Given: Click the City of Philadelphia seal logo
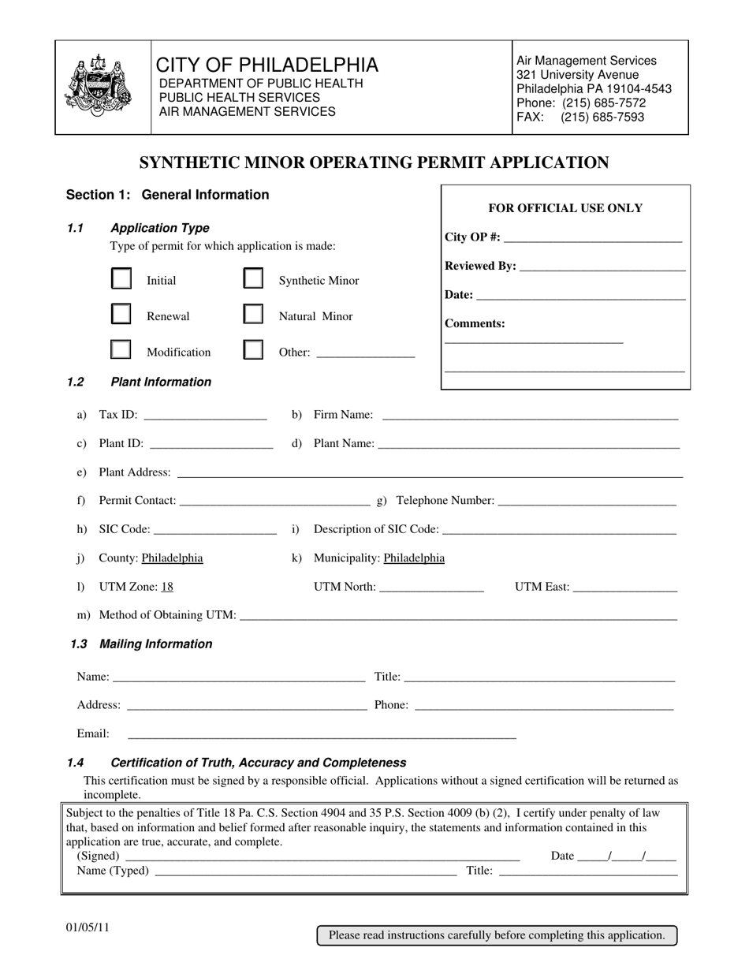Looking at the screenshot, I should [x=98, y=86].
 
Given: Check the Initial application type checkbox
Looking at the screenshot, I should [x=121, y=280].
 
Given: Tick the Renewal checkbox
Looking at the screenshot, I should [x=121, y=315].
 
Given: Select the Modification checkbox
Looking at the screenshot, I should [x=121, y=350].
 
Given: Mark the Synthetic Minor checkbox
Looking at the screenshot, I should [x=253, y=280].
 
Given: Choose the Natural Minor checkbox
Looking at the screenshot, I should [x=253, y=315].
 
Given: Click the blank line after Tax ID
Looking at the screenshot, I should [x=206, y=416].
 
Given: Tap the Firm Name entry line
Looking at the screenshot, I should [x=530, y=416].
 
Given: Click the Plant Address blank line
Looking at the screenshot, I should [x=430, y=473].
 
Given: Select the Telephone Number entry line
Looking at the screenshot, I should [x=587, y=502].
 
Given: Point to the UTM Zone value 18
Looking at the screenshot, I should [x=167, y=587].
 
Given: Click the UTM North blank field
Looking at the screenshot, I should [x=431, y=588].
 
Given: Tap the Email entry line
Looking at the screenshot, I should [x=322, y=735].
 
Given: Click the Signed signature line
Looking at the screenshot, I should [x=322, y=857].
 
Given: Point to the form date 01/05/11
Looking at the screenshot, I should [x=88, y=927].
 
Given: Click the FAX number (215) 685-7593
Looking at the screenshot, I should [x=602, y=118].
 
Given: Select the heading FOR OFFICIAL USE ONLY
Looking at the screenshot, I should [x=565, y=208].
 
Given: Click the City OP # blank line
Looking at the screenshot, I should [x=591, y=239].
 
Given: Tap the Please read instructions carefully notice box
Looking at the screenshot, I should [x=497, y=935].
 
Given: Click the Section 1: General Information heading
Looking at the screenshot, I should [x=167, y=195].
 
